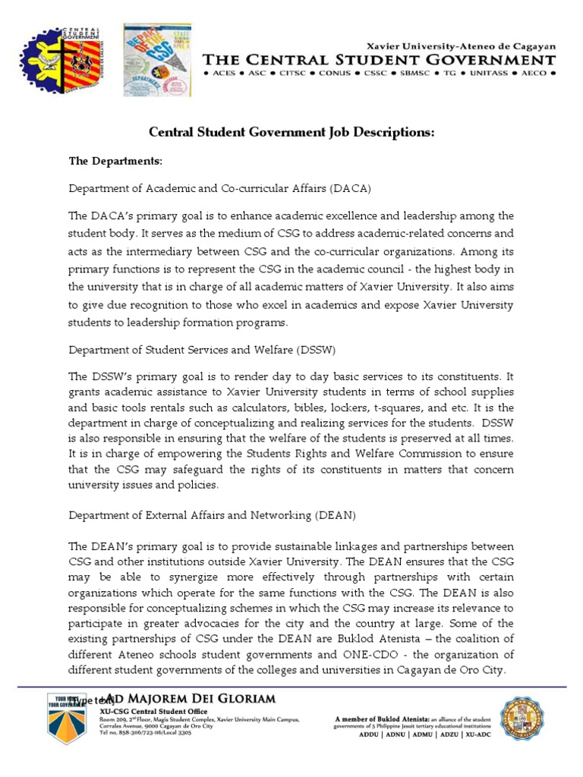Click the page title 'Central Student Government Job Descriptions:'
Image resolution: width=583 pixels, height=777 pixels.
pos(291,133)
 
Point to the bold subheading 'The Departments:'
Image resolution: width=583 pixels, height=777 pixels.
pos(115,162)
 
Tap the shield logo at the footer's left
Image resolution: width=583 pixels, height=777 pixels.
pos(69,725)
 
